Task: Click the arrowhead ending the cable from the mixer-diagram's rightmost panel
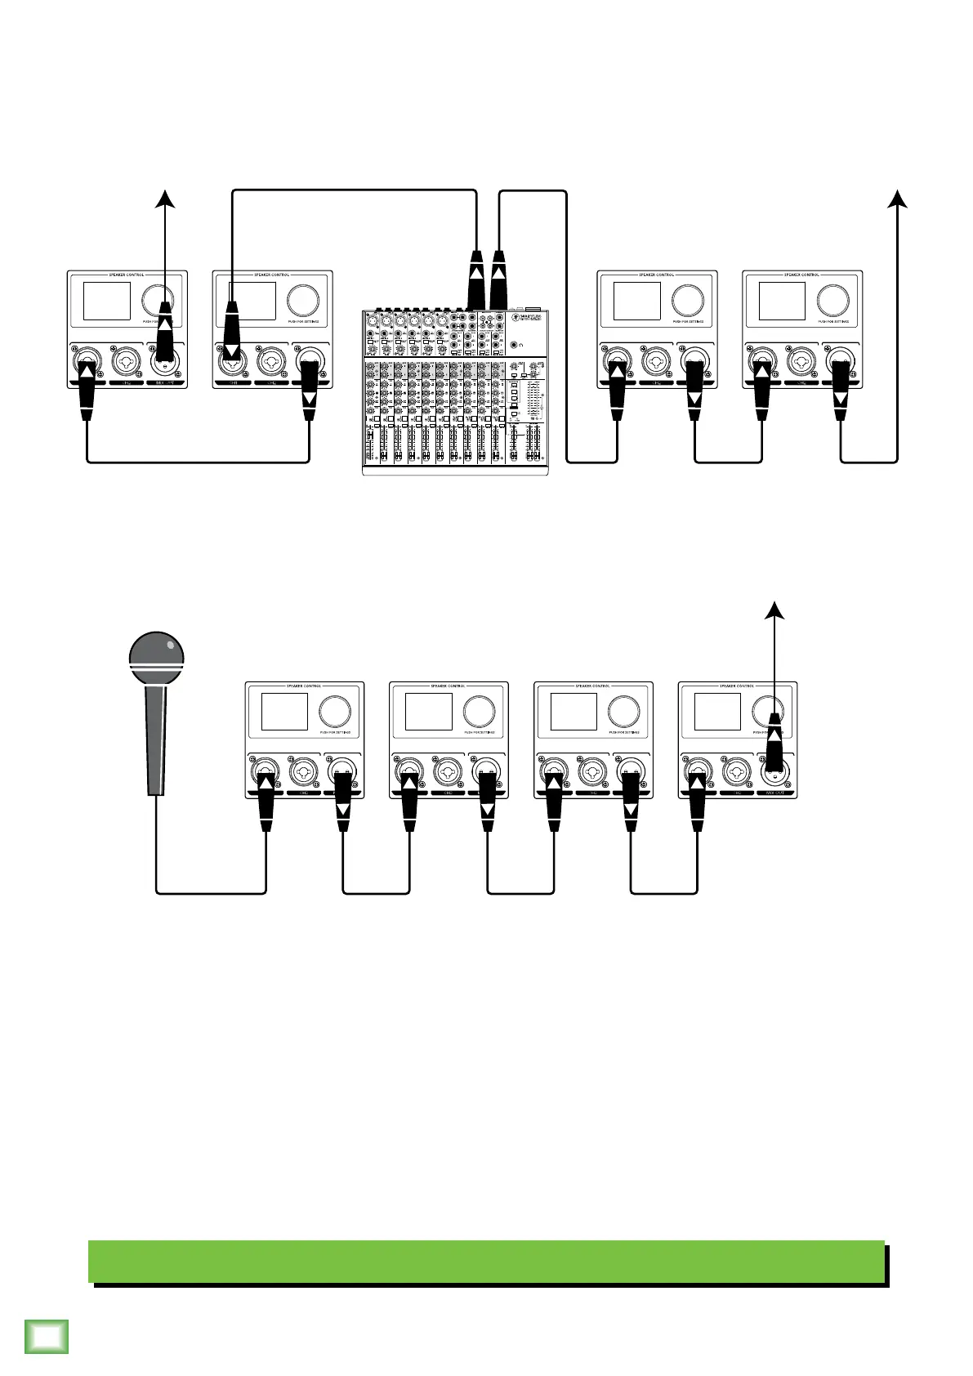pyautogui.click(x=898, y=199)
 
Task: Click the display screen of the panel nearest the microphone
pyautogui.click(x=284, y=712)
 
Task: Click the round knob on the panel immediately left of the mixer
pyautogui.click(x=301, y=300)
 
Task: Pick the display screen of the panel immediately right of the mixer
pyautogui.click(x=637, y=301)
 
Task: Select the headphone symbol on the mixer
pyautogui.click(x=521, y=346)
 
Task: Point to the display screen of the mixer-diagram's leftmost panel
pyautogui.click(x=107, y=301)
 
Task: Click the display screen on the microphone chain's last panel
pyautogui.click(x=717, y=712)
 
